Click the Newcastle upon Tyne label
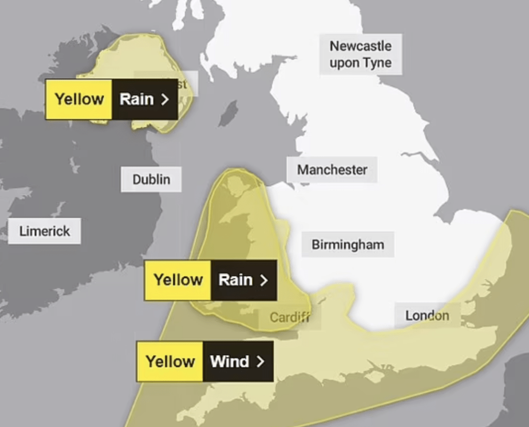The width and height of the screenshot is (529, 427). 360,54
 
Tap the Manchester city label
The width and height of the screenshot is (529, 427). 332,169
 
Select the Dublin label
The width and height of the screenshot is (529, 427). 151,179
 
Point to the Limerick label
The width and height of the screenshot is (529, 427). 44,231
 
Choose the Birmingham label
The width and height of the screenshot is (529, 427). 348,244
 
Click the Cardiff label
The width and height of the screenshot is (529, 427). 289,317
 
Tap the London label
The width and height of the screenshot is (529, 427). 427,315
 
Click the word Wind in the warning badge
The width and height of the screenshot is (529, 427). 229,361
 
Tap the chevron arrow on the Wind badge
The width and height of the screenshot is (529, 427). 260,361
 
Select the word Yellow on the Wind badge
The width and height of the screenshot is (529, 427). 170,361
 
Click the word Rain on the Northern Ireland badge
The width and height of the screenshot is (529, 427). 136,99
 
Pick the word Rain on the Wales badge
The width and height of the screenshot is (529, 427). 236,280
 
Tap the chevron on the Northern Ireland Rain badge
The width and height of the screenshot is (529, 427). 165,99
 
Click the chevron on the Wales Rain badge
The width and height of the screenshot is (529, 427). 264,280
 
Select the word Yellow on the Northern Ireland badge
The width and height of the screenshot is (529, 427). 79,99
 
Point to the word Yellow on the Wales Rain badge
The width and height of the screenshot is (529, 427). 178,280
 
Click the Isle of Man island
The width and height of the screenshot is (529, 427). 228,114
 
